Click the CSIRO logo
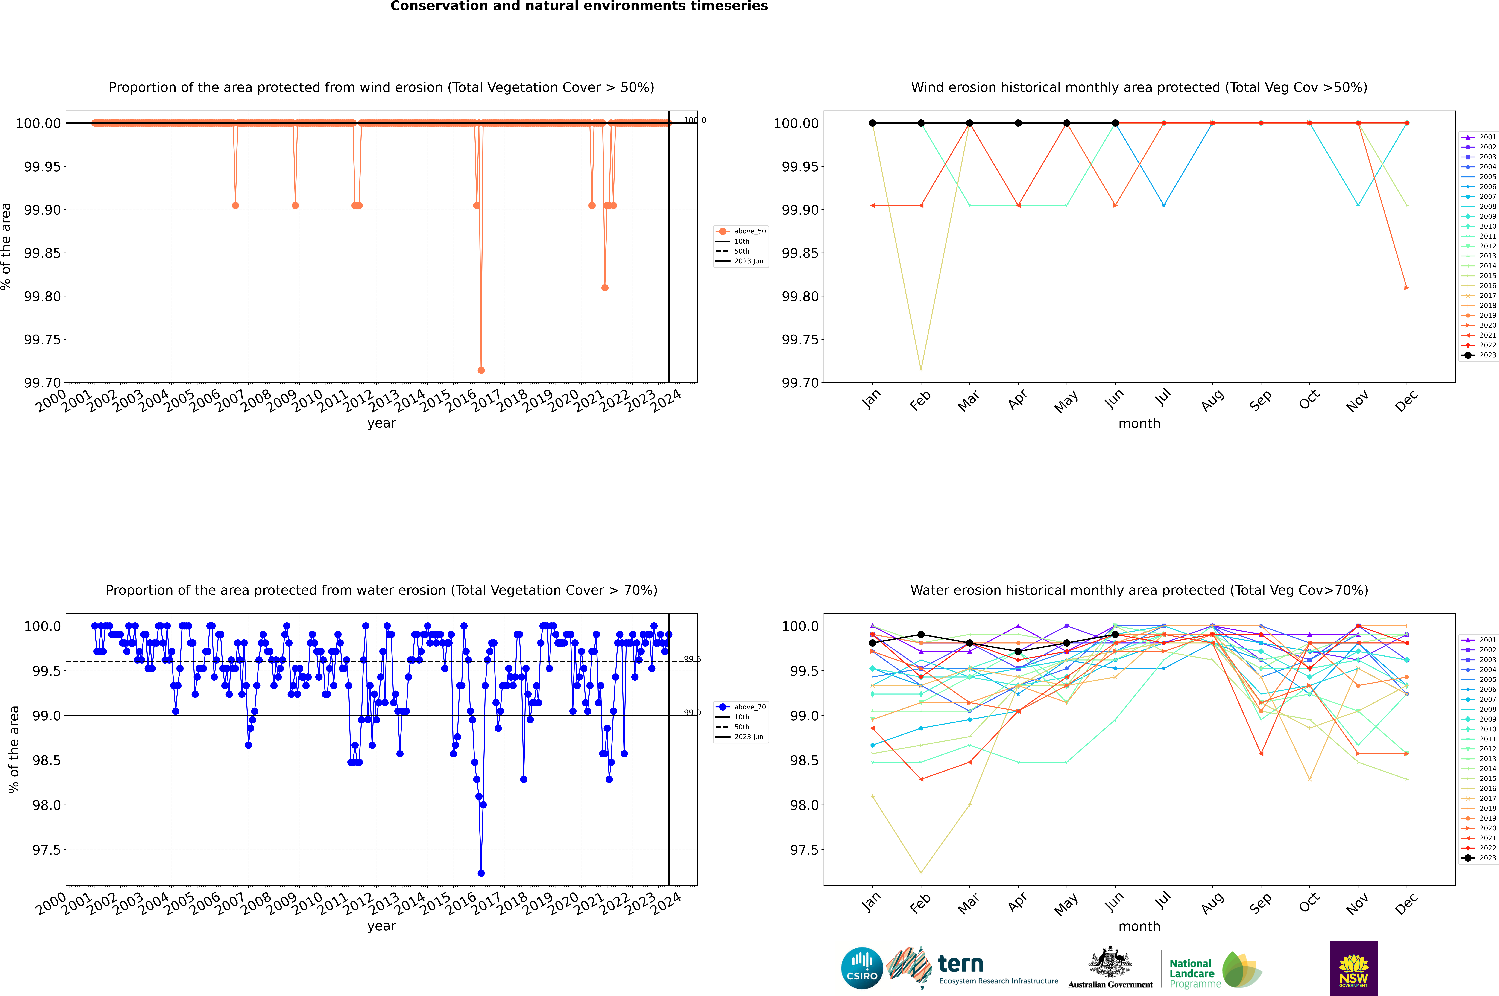click(x=862, y=968)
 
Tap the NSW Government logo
click(x=1353, y=968)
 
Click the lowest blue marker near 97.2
click(x=481, y=873)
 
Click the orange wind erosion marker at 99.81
click(x=605, y=288)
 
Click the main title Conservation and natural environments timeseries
click(x=579, y=6)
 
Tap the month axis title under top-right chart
click(x=1139, y=424)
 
